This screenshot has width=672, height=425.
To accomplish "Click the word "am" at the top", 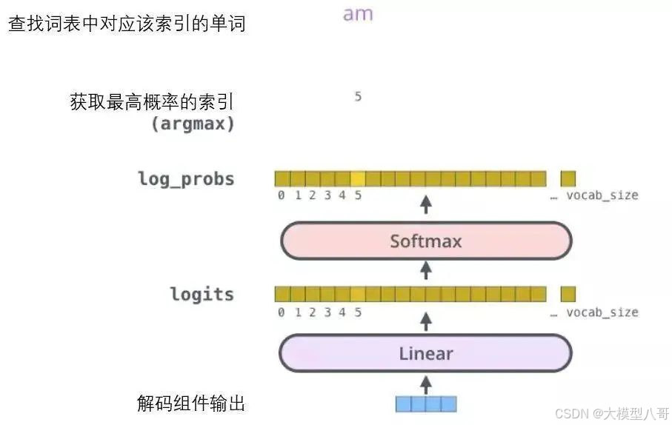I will [x=358, y=14].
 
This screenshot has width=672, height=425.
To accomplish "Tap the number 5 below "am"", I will [x=358, y=96].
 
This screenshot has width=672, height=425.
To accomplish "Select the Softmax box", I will [x=426, y=241].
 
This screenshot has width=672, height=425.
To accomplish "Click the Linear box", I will [x=426, y=353].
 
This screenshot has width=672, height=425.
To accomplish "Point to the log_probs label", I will [x=186, y=178].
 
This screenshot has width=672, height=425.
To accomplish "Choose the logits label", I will [x=202, y=294].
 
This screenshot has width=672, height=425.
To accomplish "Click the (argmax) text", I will [x=193, y=124].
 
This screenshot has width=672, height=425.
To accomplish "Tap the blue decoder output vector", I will [x=425, y=404].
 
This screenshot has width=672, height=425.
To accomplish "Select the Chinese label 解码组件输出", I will [x=191, y=404].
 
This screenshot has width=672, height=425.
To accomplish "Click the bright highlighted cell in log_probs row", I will [x=358, y=178].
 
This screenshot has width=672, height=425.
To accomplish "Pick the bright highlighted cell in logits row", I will [x=358, y=294].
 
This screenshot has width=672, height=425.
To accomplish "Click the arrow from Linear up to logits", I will [x=425, y=321].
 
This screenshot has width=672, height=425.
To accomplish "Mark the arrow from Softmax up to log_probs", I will [x=425, y=204].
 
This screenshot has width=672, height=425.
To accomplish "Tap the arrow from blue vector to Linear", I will [x=425, y=384].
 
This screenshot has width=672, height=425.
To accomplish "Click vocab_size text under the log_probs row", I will [x=602, y=195].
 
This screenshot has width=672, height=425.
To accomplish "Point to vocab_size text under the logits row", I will [x=602, y=312].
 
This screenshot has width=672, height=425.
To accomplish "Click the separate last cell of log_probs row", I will [x=568, y=178].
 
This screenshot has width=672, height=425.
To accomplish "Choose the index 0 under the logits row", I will [x=282, y=312].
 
